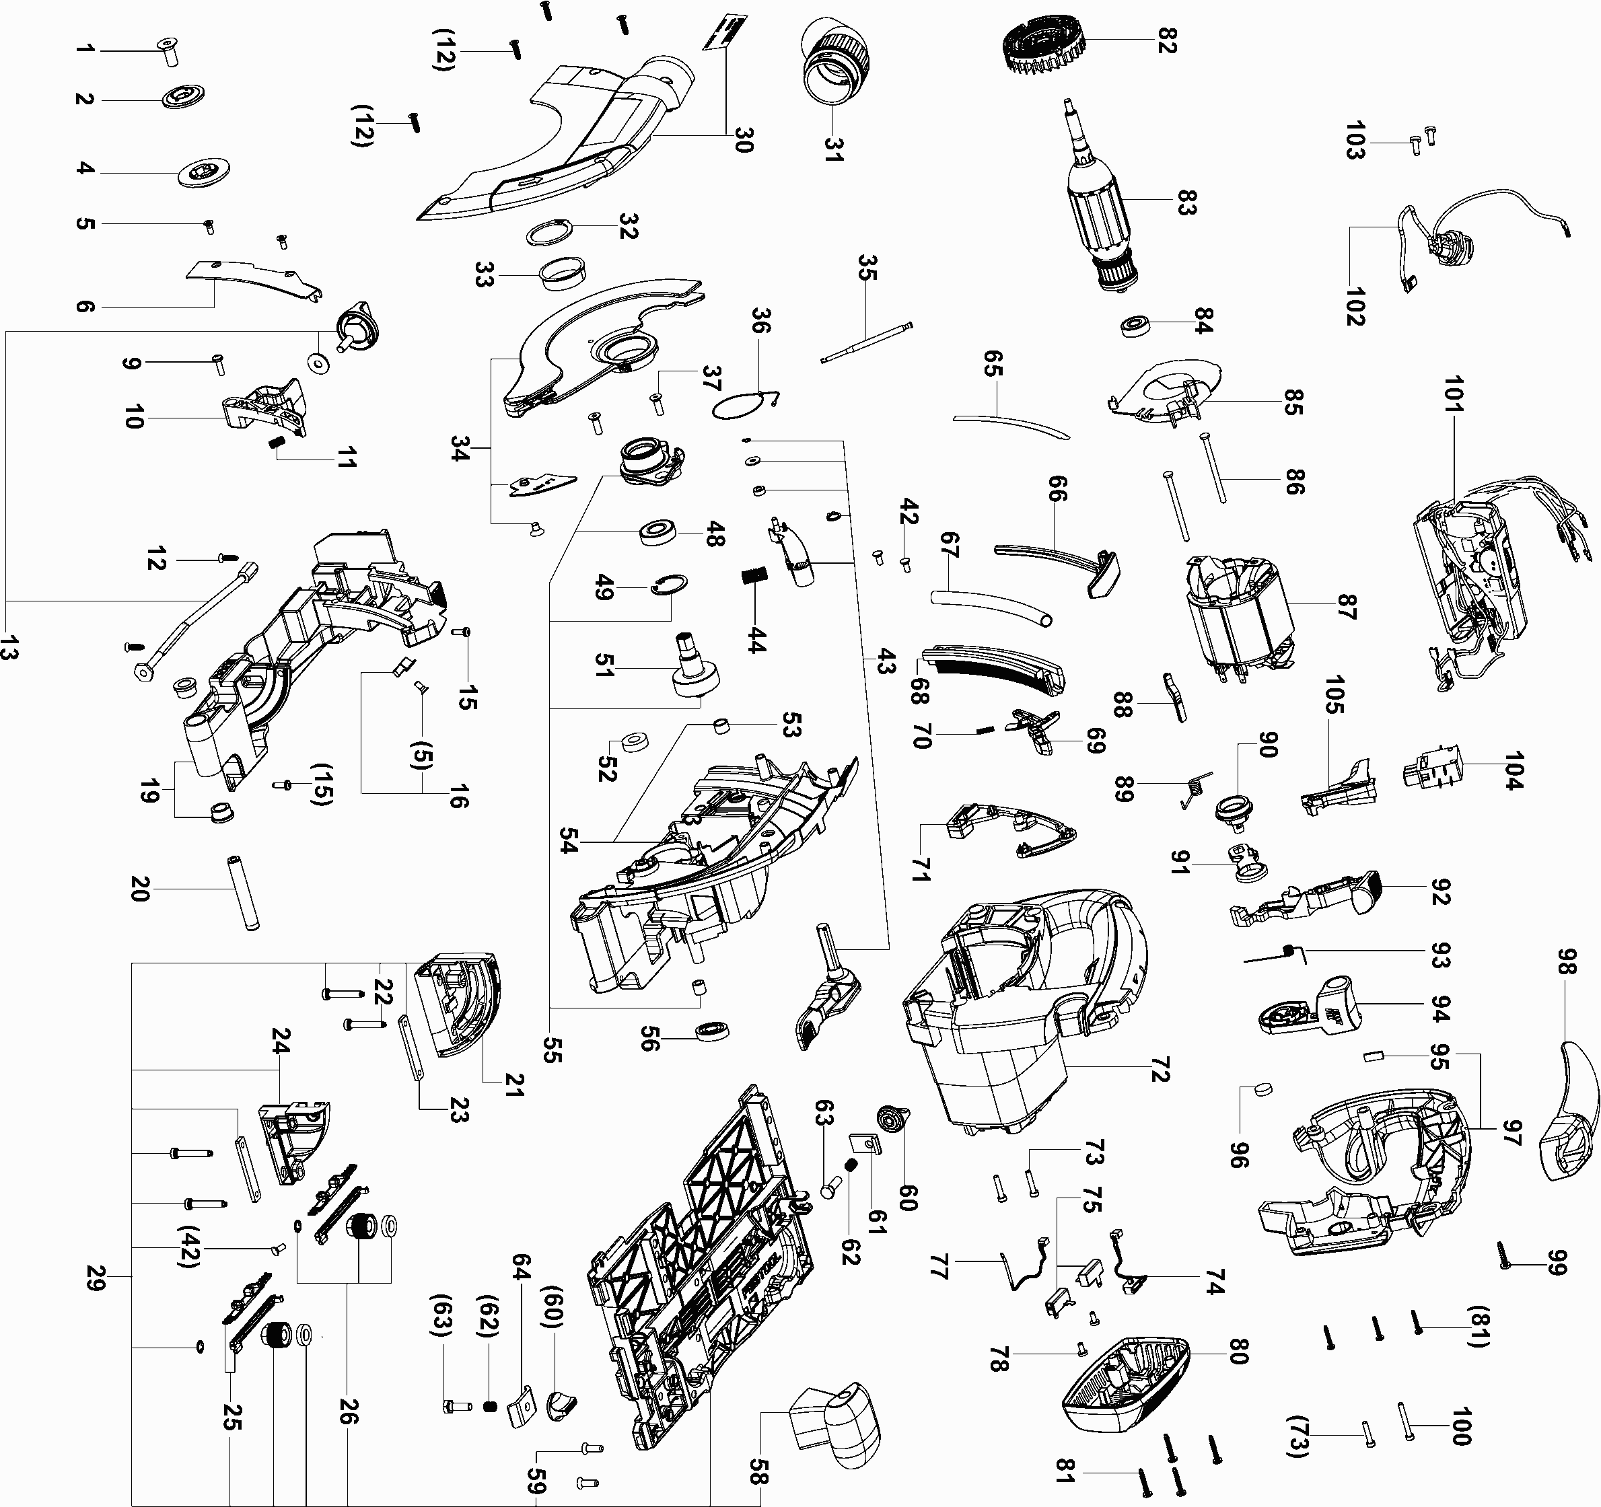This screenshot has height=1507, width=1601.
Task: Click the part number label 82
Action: pos(1167,42)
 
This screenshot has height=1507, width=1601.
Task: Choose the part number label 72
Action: pos(1160,1069)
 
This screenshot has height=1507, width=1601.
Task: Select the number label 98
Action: pos(1567,962)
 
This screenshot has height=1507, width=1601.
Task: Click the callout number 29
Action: pos(96,1277)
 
